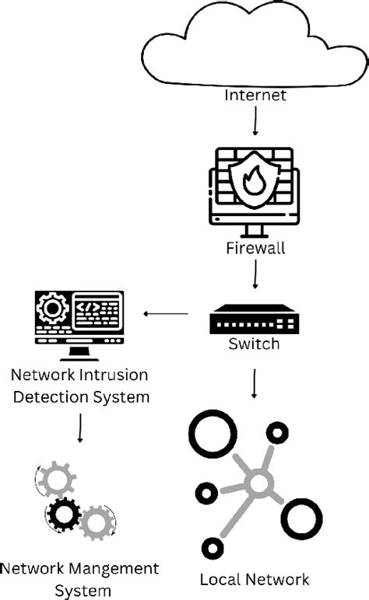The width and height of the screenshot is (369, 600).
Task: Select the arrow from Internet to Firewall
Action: coord(255,121)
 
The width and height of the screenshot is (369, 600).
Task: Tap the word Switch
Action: coord(254,344)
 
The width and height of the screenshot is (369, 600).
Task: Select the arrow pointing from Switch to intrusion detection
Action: coord(165,315)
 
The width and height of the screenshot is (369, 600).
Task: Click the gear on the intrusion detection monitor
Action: coord(54,311)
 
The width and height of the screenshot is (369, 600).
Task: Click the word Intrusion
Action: coord(114,375)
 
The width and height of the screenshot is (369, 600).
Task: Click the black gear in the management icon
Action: coord(65,514)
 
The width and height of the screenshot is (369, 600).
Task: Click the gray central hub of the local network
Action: coord(257,486)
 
